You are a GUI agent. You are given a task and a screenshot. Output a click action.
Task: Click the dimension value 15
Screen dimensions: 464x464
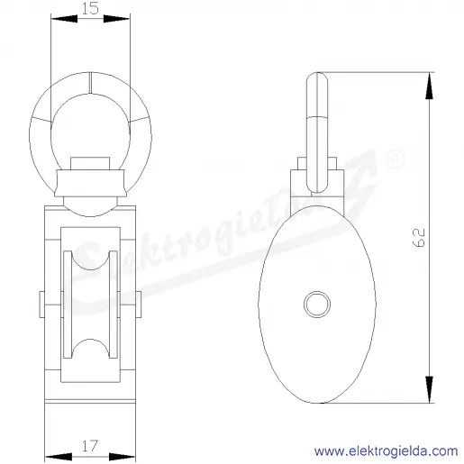[x=90, y=8]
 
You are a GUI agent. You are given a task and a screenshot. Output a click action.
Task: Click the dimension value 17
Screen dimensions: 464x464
[x=90, y=446]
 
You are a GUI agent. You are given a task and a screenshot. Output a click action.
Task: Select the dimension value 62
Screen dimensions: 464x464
[x=419, y=238]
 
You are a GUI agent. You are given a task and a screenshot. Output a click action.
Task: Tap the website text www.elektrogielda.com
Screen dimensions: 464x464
[x=386, y=451]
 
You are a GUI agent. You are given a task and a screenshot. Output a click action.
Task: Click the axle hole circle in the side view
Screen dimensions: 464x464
[x=317, y=304]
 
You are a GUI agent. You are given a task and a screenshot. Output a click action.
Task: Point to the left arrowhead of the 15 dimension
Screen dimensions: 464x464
[x=64, y=19]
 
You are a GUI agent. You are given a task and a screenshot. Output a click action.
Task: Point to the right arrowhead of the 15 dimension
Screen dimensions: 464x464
[x=116, y=19]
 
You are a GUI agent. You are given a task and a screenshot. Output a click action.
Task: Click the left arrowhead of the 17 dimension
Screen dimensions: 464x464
[x=59, y=457]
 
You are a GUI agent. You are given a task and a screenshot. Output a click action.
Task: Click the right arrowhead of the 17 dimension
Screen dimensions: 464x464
[x=122, y=457]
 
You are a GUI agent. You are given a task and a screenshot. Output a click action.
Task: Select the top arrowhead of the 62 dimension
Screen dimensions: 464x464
[x=430, y=86]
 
